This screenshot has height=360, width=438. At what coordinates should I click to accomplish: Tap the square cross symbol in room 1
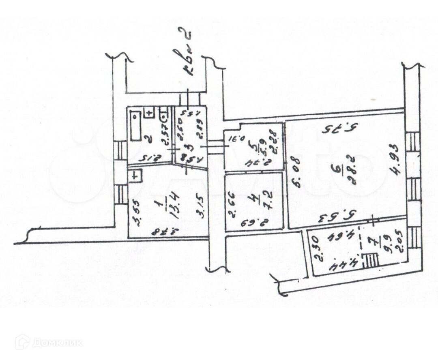[x=135, y=176]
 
